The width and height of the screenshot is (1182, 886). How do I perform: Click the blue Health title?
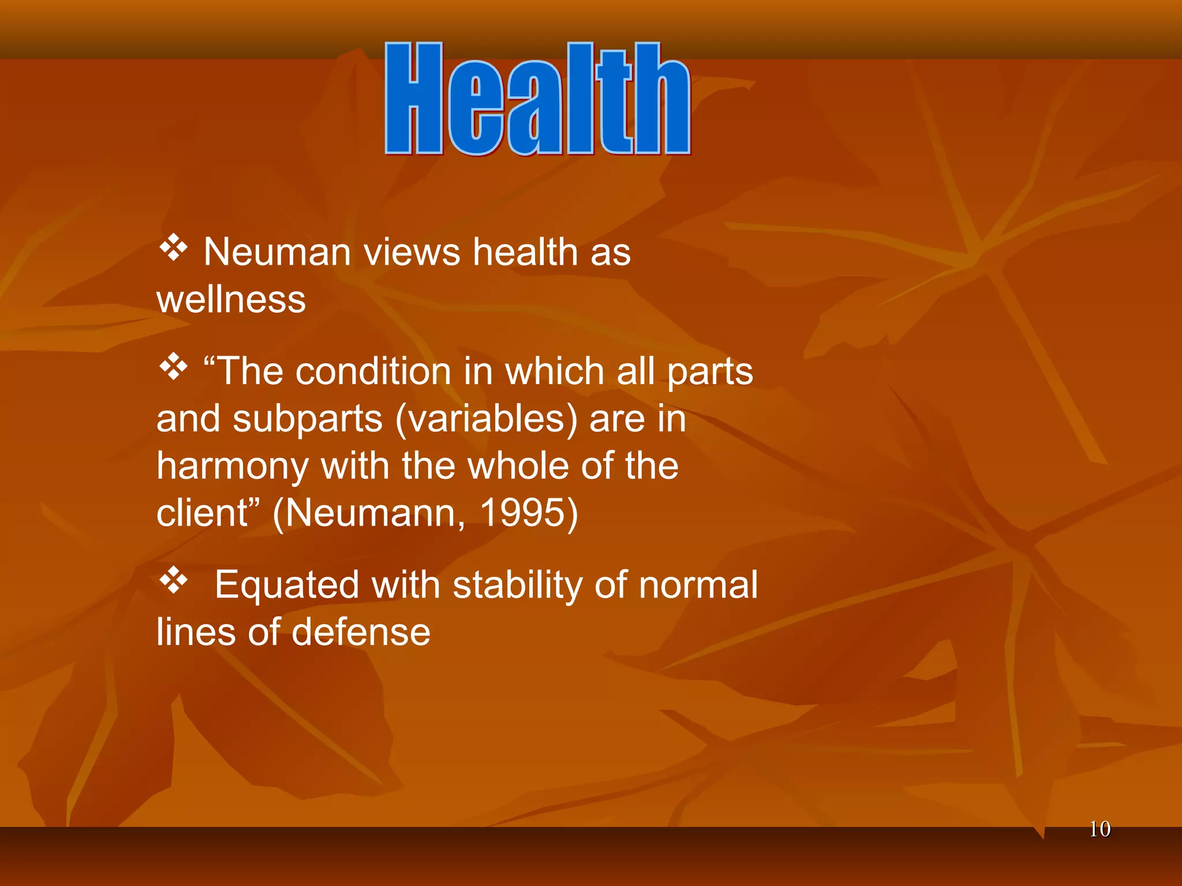tap(537, 99)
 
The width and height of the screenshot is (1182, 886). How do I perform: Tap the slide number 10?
tap(1099, 829)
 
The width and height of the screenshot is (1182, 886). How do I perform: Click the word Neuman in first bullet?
tap(277, 253)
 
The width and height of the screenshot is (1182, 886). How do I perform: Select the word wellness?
tap(231, 300)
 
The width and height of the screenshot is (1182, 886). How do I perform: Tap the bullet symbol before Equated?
tap(173, 580)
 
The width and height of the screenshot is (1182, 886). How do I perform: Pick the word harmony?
tap(232, 466)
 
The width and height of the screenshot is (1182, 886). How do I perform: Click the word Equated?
tap(286, 585)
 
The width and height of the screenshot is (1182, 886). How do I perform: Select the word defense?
tap(361, 632)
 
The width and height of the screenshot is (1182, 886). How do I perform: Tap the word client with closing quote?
tap(208, 513)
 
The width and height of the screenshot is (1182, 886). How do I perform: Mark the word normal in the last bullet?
tap(698, 585)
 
